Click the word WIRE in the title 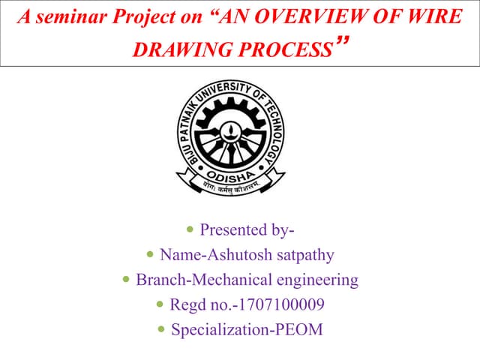[433, 17]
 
